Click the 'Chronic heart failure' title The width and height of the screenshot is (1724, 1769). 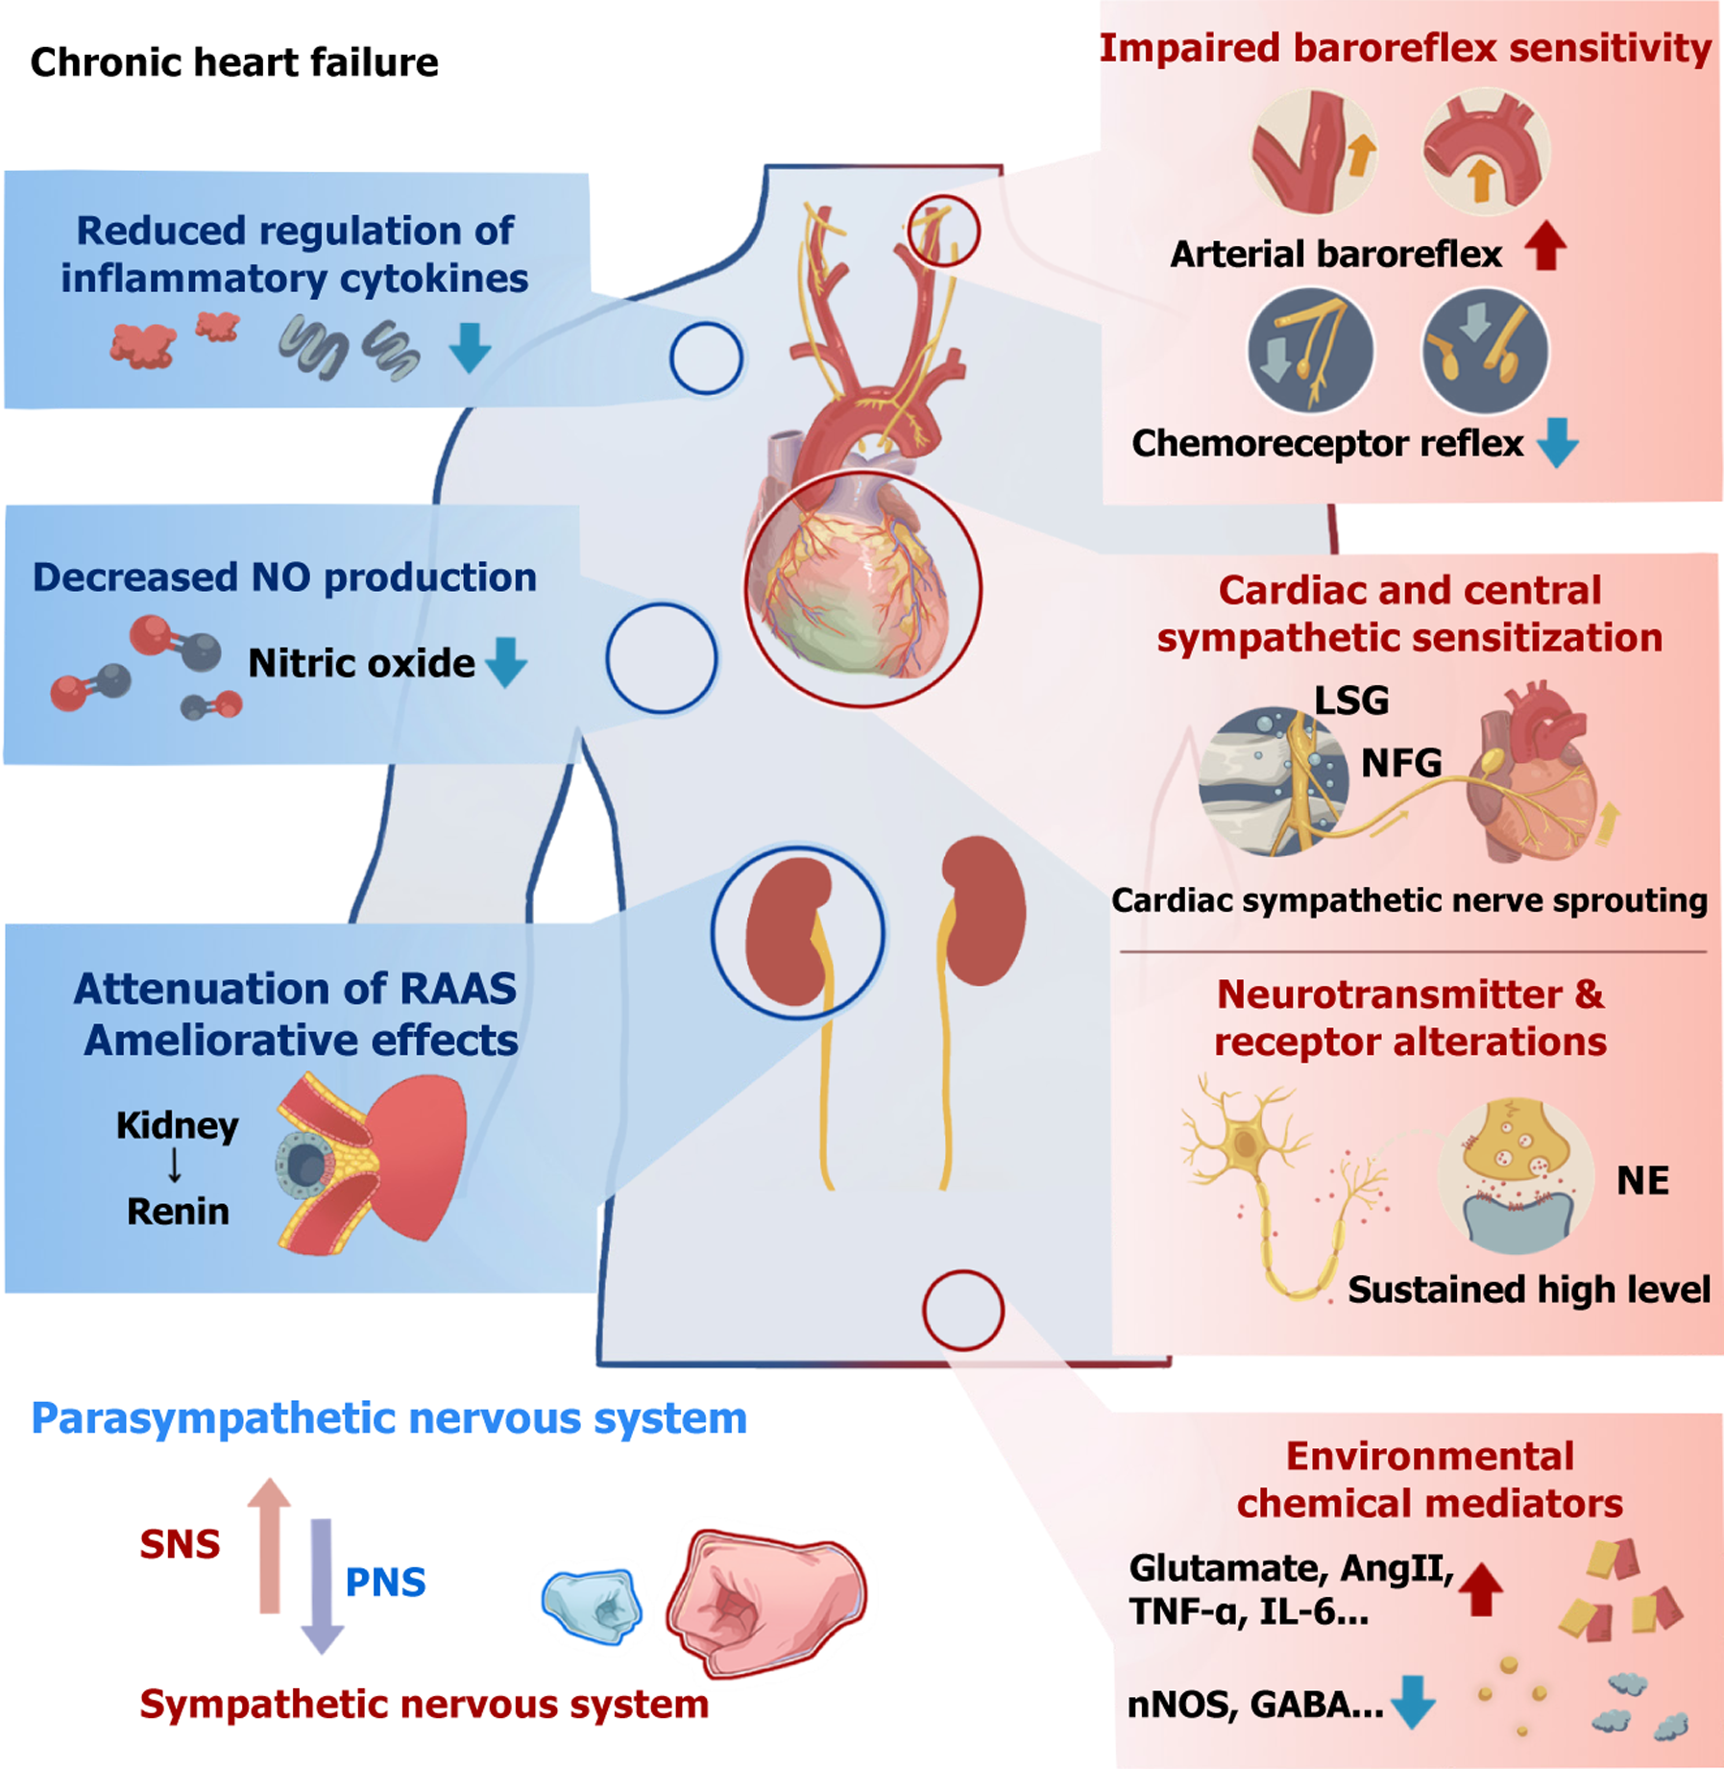(234, 62)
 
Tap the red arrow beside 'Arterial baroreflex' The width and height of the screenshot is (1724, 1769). (1545, 246)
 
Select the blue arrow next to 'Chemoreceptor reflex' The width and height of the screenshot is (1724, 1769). (1557, 443)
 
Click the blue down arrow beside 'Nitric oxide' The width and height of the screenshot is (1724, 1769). (506, 662)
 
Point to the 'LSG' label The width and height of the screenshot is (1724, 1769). (1351, 700)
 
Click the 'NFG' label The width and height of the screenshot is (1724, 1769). (1401, 763)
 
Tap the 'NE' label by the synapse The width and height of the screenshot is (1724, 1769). (1642, 1181)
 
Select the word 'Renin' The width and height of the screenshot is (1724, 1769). (178, 1212)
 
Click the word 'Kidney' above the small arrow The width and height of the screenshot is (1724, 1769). (178, 1125)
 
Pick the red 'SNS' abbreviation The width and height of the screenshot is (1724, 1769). (180, 1544)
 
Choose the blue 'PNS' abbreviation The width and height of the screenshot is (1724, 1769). (385, 1583)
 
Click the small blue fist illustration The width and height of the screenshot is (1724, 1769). (593, 1606)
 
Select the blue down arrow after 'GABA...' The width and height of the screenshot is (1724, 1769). (1413, 1702)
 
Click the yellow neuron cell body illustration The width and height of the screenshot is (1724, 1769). (1246, 1142)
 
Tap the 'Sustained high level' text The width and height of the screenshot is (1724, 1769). (1529, 1290)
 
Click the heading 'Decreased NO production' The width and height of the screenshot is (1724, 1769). (284, 577)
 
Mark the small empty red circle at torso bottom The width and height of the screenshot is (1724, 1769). (963, 1311)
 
